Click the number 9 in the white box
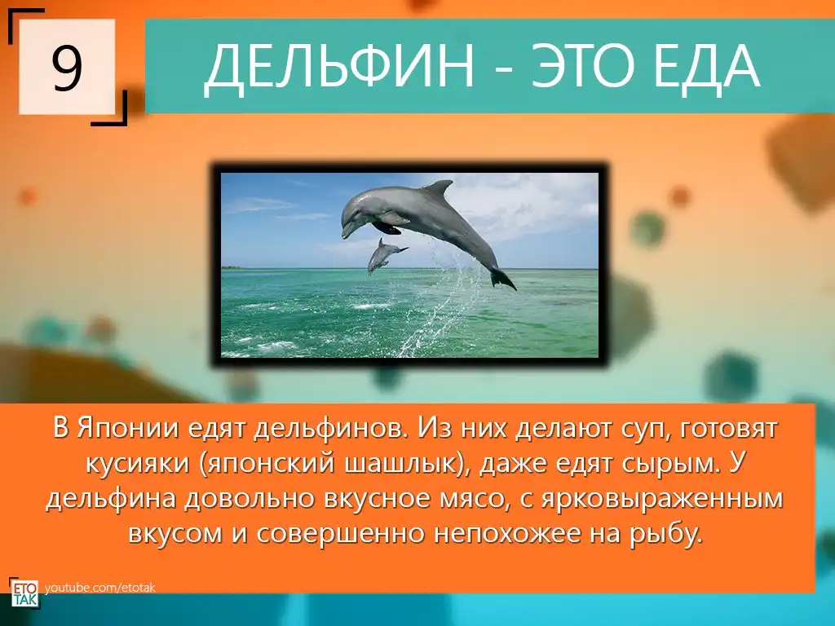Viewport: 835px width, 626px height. click(x=67, y=67)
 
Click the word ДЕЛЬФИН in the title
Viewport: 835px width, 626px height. click(x=338, y=66)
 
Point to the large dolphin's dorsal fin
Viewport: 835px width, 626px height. click(x=438, y=188)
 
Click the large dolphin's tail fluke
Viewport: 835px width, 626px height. click(x=502, y=280)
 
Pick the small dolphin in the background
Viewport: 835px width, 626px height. click(x=385, y=255)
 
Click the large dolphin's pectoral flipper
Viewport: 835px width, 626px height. click(x=386, y=227)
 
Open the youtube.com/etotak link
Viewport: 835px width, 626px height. click(x=100, y=588)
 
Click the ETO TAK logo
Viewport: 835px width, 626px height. click(x=24, y=592)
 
